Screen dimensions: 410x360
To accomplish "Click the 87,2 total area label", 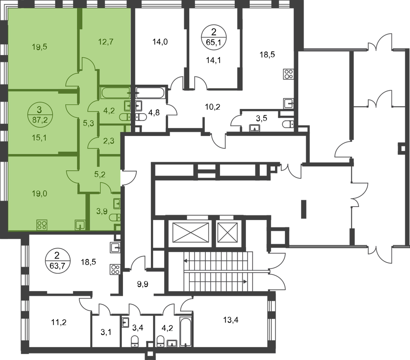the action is (40, 120).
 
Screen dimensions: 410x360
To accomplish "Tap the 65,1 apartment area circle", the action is (214, 38).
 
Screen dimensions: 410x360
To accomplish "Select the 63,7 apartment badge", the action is (58, 261).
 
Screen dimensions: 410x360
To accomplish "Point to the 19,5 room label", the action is (39, 47).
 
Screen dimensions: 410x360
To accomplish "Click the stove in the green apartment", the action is (42, 225).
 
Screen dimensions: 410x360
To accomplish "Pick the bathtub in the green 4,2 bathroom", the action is (115, 93).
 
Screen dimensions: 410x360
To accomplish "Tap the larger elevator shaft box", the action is (191, 233).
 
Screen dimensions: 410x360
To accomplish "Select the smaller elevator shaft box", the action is (228, 233).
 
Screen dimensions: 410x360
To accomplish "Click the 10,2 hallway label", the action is (213, 107).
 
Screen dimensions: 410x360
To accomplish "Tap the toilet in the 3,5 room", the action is (288, 124).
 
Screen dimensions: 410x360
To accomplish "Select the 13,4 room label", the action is (231, 320).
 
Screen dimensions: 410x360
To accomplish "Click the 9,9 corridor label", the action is (143, 284).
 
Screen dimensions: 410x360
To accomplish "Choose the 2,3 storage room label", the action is (109, 141).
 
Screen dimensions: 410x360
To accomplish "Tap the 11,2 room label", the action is (59, 322).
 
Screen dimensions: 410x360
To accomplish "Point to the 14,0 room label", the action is (160, 42).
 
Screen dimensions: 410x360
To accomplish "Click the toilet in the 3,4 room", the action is (135, 341).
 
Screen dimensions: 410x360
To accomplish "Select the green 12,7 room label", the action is (106, 42).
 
